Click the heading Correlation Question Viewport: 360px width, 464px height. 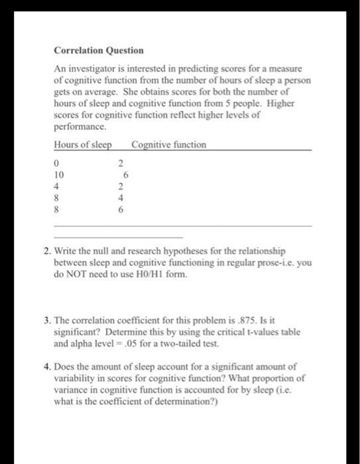(99, 50)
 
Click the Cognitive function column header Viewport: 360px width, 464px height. (169, 145)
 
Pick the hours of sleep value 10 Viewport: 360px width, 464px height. (59, 174)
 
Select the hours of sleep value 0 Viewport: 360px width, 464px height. (57, 163)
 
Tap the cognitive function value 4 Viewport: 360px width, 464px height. (121, 196)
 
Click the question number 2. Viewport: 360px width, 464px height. (57, 252)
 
